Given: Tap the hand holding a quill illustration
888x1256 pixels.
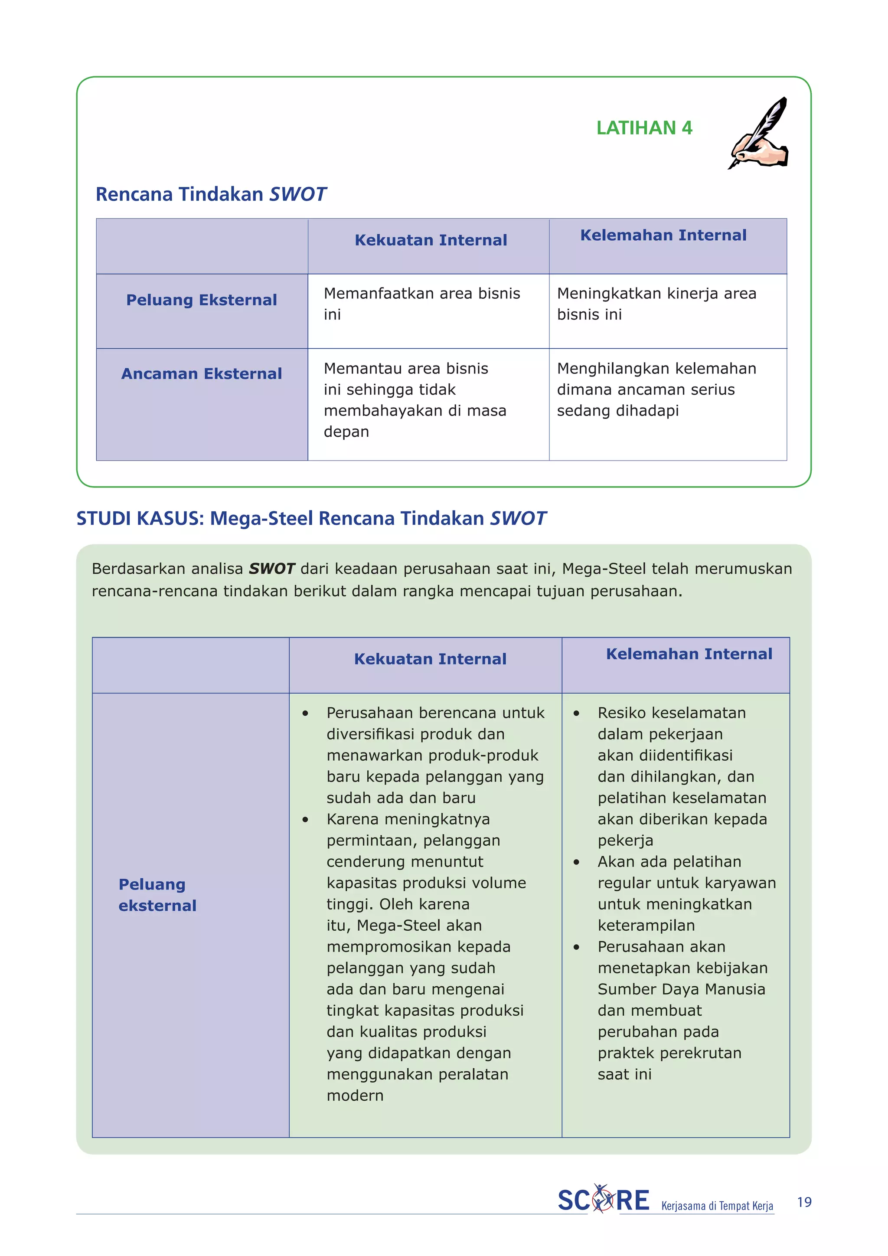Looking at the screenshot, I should coord(759,134).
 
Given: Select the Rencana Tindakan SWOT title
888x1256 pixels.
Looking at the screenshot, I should coord(211,194).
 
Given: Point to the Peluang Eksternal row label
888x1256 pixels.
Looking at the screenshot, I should coord(201,300).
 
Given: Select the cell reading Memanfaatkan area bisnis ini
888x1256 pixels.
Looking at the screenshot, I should coord(421,304).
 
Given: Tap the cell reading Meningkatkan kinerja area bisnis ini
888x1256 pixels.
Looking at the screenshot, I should coord(656,304).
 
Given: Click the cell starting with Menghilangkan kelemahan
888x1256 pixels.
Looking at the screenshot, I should coord(656,389).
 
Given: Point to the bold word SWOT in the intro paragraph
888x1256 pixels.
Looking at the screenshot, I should coord(272,569).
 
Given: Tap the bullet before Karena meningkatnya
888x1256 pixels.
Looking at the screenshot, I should coord(305,819).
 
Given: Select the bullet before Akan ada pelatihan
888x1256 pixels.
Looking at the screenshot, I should coord(576,862).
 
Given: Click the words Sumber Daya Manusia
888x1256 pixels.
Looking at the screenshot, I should coord(681,989).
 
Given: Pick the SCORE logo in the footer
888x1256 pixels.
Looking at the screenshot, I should coord(603,1200).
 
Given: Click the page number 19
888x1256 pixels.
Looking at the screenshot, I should coord(804,1202).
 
